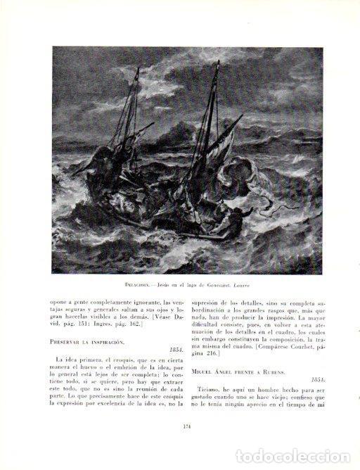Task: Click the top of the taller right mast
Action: [217, 63]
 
